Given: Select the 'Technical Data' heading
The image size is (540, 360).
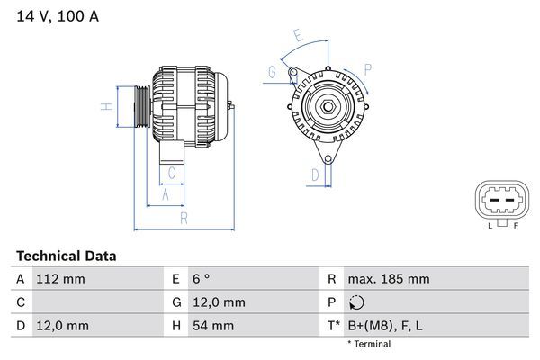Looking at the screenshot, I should pos(66,256).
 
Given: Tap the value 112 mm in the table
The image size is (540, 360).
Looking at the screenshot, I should pos(62,279).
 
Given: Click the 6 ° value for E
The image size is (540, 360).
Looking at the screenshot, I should pos(201,279).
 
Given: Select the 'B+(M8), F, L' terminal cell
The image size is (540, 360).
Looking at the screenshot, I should pos(386,325).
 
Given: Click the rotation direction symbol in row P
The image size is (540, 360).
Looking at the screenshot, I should pos(357,302).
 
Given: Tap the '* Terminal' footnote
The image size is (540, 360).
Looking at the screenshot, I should pos(369,344).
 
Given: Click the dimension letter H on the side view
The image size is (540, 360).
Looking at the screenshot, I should pos(106,107).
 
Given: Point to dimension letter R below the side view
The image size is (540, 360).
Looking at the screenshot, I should pos(183,217).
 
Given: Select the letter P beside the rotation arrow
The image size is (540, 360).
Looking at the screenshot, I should pos(367,67).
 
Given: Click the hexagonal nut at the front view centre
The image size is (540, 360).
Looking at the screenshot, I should pos(328,110).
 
